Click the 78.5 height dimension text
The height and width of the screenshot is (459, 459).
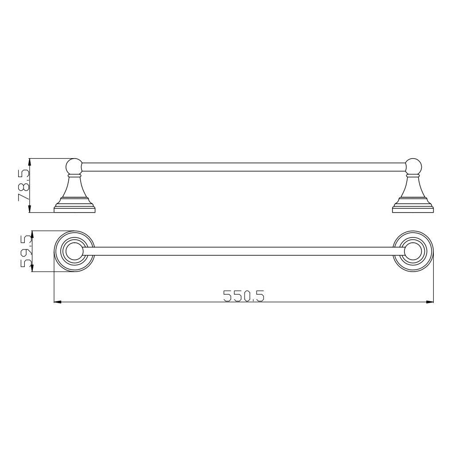[x=24, y=185]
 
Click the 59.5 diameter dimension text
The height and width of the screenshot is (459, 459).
[x=26, y=252]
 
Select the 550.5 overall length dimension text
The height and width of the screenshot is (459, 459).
[x=244, y=296]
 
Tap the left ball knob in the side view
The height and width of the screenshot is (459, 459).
[x=74, y=166]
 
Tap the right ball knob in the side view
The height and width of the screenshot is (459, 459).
[x=413, y=166]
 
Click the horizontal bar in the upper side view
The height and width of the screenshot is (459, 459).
[x=244, y=167]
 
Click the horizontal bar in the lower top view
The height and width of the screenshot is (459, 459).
[x=244, y=251]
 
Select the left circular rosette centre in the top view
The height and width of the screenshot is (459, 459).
[x=74, y=251]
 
